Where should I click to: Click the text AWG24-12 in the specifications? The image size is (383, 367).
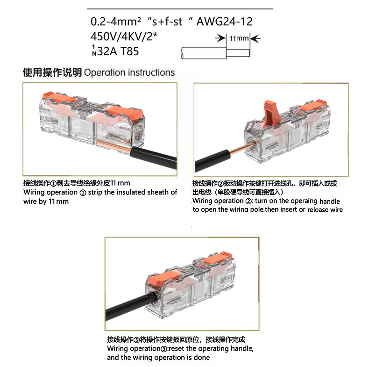225,22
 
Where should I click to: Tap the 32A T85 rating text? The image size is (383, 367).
118,51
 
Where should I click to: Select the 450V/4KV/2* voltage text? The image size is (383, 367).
124,36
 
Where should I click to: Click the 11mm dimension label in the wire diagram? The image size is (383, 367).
239,38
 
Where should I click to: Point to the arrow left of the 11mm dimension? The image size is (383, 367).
220,38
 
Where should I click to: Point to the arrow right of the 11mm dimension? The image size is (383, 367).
255,38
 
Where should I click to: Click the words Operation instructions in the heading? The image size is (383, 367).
129,72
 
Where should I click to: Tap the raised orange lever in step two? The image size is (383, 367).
272,113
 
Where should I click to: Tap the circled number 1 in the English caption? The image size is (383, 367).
83,193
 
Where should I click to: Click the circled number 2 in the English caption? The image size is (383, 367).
248,201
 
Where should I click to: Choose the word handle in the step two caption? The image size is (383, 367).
329,201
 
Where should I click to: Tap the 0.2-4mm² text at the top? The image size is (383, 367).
116,22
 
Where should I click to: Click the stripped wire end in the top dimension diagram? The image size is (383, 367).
238,53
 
